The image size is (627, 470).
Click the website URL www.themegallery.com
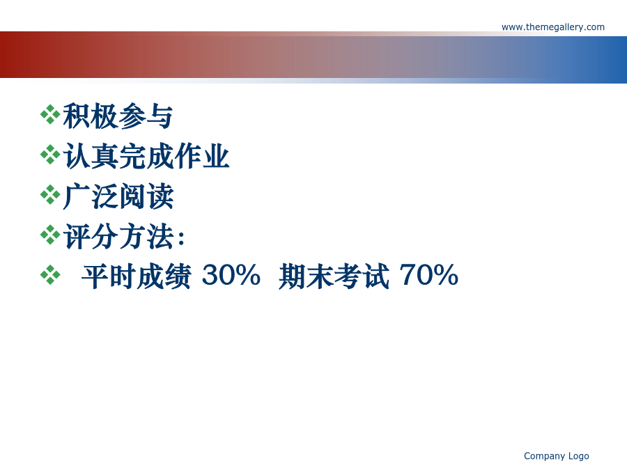(x=553, y=27)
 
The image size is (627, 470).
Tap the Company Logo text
(x=556, y=456)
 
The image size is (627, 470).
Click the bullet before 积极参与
(x=50, y=115)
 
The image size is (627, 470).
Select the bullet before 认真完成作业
(x=50, y=155)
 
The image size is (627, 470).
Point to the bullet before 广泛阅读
(x=50, y=195)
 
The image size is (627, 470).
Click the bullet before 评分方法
(x=50, y=235)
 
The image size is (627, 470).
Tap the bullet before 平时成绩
(x=50, y=275)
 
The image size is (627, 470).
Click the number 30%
(x=231, y=275)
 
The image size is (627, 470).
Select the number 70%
(x=428, y=275)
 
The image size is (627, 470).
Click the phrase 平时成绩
(x=137, y=276)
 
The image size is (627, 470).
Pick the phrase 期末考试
(x=334, y=276)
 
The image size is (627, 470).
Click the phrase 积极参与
(x=118, y=116)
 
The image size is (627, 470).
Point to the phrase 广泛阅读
(x=118, y=196)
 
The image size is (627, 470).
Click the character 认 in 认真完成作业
(x=77, y=156)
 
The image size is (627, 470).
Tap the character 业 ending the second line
(x=216, y=156)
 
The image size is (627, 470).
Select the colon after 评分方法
(x=181, y=238)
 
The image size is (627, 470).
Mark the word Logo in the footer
(x=579, y=456)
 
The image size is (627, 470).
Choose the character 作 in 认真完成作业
(x=188, y=156)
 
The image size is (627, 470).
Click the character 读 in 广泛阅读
(x=160, y=196)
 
